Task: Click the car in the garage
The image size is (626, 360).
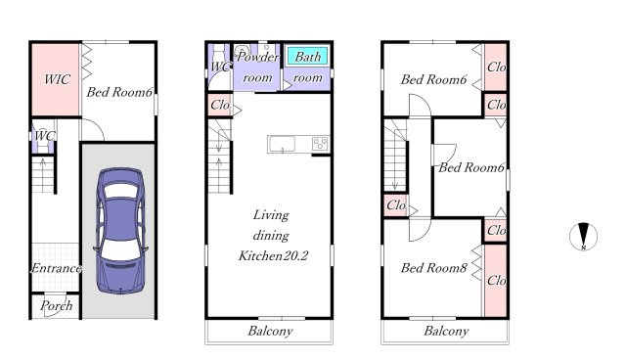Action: tap(120, 230)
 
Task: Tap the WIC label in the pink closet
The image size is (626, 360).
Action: tap(57, 79)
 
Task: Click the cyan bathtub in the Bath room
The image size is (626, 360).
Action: tap(307, 57)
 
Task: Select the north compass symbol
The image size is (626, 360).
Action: tap(583, 237)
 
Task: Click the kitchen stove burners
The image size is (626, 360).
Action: tap(320, 144)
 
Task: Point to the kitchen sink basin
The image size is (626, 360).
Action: tap(282, 144)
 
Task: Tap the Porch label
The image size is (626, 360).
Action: tap(57, 306)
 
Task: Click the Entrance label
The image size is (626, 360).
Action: tap(57, 268)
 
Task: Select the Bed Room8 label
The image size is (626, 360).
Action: tap(433, 268)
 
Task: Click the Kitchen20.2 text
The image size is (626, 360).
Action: tap(273, 255)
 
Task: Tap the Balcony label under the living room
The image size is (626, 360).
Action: tap(270, 331)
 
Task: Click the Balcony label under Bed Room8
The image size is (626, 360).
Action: tap(446, 331)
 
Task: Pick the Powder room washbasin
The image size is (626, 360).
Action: tap(242, 52)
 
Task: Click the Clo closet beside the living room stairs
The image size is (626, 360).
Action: tap(220, 106)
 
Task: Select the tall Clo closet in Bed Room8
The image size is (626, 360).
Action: tap(496, 281)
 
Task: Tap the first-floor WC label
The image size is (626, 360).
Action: tap(44, 136)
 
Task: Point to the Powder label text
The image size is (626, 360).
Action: tap(257, 57)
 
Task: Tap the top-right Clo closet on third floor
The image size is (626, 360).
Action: tap(496, 67)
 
